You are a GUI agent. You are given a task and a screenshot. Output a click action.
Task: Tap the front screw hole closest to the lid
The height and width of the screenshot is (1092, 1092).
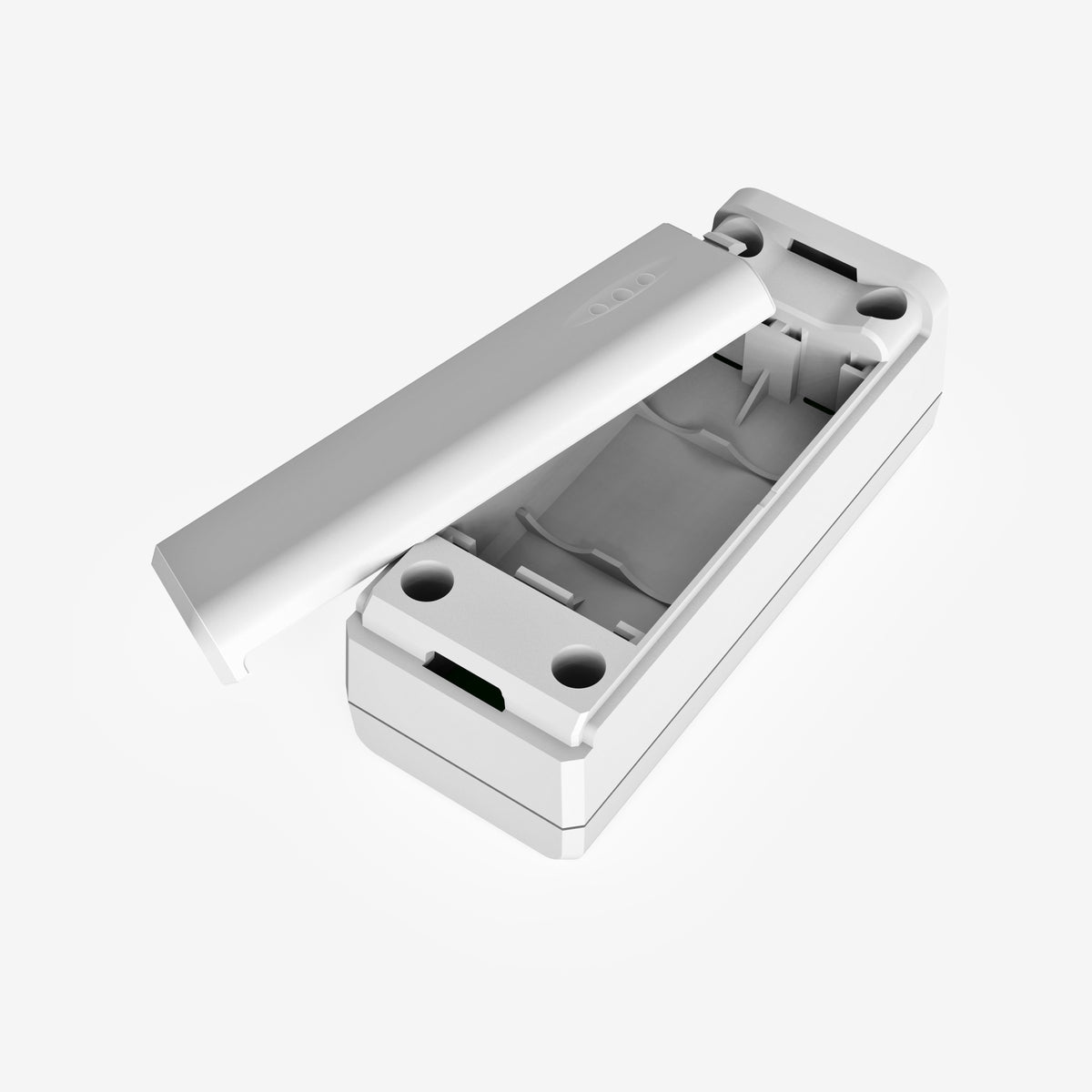[425, 579]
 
